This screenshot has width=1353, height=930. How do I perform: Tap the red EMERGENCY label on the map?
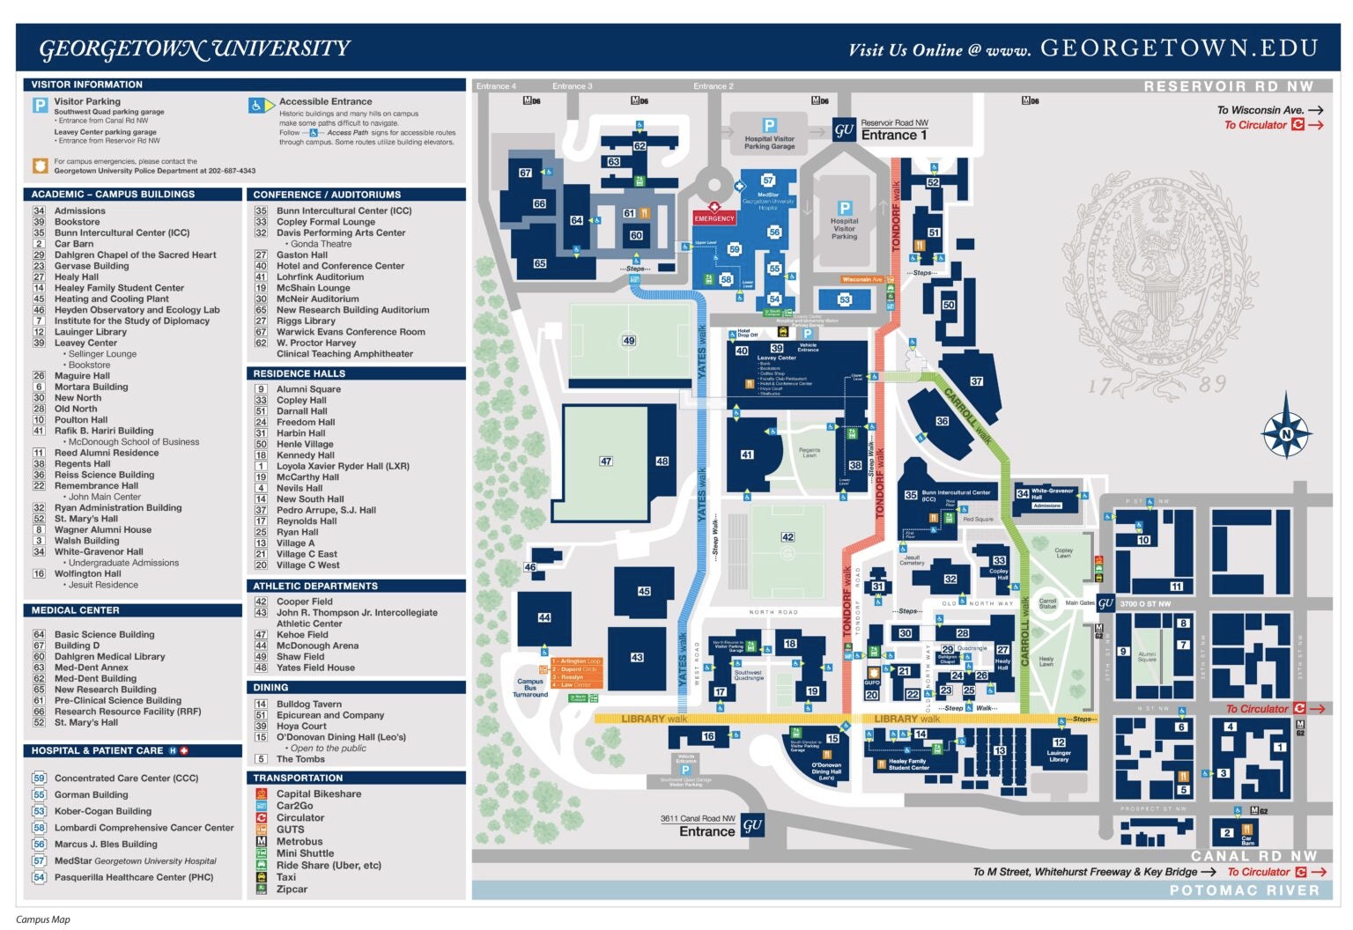coord(713,218)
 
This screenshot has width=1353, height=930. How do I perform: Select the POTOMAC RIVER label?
coord(1244,890)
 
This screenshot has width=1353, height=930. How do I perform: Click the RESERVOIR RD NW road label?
coord(1228,86)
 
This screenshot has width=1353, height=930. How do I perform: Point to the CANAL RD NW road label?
coord(1253,855)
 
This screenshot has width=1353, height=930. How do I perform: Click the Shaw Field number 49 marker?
coord(629,340)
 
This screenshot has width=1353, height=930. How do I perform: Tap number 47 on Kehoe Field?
coord(606,461)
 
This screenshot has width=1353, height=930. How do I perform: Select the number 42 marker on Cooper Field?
coord(787,536)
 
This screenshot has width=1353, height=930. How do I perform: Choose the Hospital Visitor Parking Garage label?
coord(769,142)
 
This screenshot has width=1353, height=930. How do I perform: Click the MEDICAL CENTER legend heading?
coord(76,609)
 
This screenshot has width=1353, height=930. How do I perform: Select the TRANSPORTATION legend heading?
coord(298,778)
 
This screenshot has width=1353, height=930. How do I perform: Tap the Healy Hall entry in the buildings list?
coord(77,277)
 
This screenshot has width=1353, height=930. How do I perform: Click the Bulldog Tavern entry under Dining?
coord(308,704)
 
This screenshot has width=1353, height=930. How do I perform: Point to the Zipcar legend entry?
coord(292,889)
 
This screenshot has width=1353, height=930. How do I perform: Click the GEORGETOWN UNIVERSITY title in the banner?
coord(195,48)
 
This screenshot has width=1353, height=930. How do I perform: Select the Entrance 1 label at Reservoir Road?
coord(893,135)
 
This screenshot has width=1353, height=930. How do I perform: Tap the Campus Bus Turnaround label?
coord(530,688)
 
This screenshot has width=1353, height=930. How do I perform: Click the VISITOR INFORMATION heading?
coord(86,85)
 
